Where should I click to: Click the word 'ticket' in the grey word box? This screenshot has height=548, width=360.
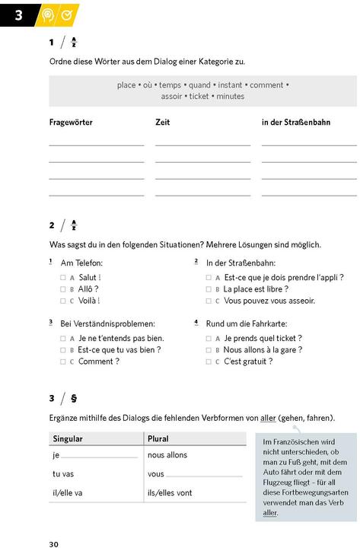pos(199,97)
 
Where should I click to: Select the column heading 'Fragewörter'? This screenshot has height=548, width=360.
pos(71,122)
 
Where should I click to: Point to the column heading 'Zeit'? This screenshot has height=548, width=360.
pos(162,122)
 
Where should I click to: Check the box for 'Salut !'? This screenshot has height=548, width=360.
pos(63,278)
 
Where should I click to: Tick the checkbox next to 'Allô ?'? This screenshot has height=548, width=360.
pos(63,289)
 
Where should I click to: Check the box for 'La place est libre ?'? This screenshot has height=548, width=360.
pos(209,289)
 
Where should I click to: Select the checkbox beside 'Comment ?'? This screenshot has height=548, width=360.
pos(63,362)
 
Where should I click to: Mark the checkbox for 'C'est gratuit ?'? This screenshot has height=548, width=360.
pos(209,362)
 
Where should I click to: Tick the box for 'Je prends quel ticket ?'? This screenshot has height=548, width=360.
pos(209,338)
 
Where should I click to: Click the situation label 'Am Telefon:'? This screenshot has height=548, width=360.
pos(81,263)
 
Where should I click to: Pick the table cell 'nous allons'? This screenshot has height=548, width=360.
pos(167,455)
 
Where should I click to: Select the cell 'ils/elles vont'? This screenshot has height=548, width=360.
pos(170,492)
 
